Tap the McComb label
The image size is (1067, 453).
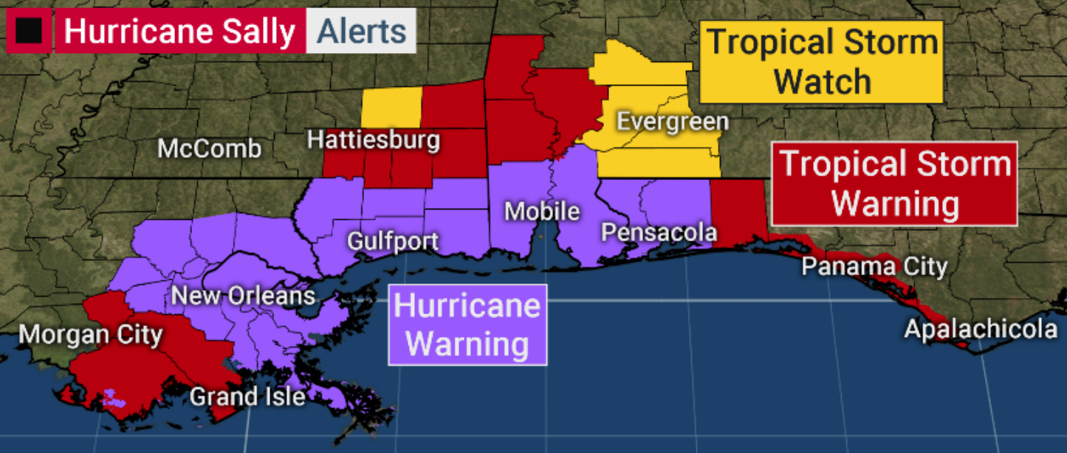210,149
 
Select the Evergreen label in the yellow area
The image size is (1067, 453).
672,122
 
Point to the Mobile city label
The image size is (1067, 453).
542,212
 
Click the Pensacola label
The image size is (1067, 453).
659,232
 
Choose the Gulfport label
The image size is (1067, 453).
393,241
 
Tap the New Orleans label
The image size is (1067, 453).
243,296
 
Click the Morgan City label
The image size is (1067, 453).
90,334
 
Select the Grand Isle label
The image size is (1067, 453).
247,397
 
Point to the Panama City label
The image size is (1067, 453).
874,266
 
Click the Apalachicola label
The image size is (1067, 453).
981,329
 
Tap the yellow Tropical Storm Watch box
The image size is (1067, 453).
823,61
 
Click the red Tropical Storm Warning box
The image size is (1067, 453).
895,184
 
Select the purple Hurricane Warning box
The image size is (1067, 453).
467,325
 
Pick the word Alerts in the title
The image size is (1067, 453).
361,32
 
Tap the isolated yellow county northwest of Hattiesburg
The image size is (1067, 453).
391,108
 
